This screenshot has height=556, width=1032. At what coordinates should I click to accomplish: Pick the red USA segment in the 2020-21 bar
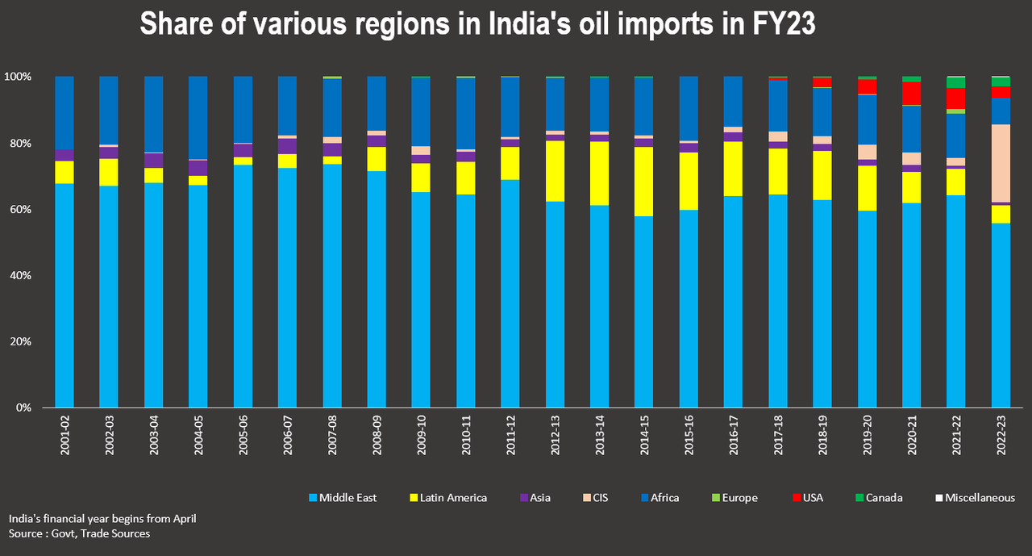point(911,93)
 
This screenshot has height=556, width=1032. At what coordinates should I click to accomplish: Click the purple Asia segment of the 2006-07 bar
point(287,145)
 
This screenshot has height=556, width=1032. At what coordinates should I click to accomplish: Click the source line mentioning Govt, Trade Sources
point(79,533)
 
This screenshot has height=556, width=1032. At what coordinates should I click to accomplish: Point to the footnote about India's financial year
point(102,519)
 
